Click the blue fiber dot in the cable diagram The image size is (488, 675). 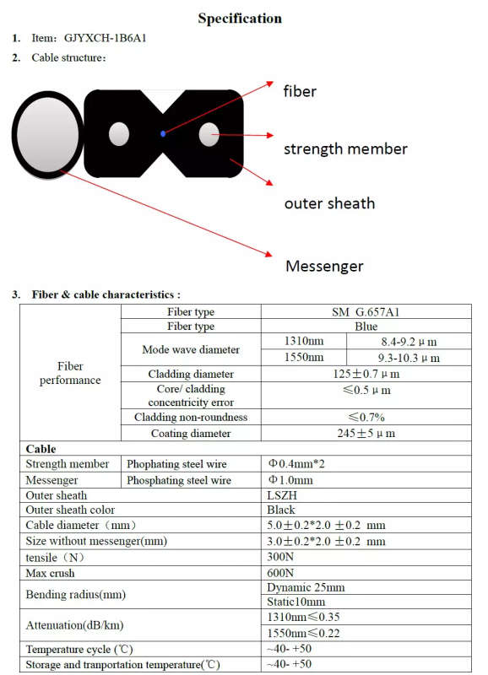[x=163, y=134]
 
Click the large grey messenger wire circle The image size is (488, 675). [x=47, y=134]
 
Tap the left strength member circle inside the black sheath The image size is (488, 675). [x=119, y=134]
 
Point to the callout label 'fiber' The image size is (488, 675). [x=300, y=91]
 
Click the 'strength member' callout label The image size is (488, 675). [x=345, y=149]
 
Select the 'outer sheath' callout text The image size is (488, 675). [x=329, y=203]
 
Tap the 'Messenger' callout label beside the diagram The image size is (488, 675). [x=324, y=266]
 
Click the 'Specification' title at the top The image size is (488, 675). [x=240, y=18]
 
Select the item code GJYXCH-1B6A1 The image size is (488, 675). [x=105, y=38]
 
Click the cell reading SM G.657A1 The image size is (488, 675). [x=366, y=311]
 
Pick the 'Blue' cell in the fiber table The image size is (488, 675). [x=366, y=327]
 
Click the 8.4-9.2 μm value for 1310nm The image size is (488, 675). [x=409, y=342]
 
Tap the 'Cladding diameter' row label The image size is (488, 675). [x=191, y=374]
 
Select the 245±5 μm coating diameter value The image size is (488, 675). [x=366, y=433]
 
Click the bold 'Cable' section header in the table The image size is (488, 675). [x=41, y=449]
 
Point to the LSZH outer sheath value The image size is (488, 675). [x=282, y=495]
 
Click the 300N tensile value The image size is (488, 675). [x=280, y=557]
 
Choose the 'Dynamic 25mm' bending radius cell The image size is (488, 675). [x=306, y=587]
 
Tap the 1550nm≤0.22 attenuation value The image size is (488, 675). [x=303, y=634]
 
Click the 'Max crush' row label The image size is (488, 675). [x=50, y=573]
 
